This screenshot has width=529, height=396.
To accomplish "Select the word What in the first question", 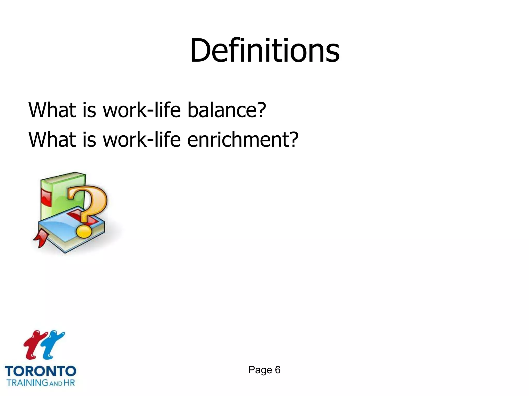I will coord(52,110).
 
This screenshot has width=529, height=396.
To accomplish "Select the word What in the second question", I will coord(52,139).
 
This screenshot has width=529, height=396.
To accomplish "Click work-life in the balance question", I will coord(142,110).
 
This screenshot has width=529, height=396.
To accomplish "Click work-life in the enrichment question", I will coord(142,139).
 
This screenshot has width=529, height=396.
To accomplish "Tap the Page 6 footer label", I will coord(264,370).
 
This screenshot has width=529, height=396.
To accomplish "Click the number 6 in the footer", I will coord(278,370).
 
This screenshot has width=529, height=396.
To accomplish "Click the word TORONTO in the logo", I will coord(41,372).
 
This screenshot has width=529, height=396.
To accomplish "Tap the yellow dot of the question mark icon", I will coord(84,232).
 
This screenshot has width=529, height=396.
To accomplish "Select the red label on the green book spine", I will coord(46,197).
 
